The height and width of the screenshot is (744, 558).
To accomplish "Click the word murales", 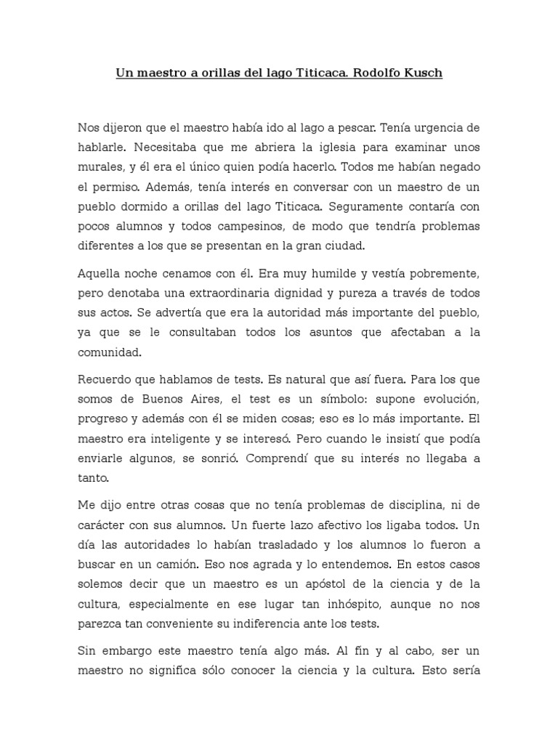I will [97, 167].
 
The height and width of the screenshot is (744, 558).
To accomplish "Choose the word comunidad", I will [108, 352].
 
